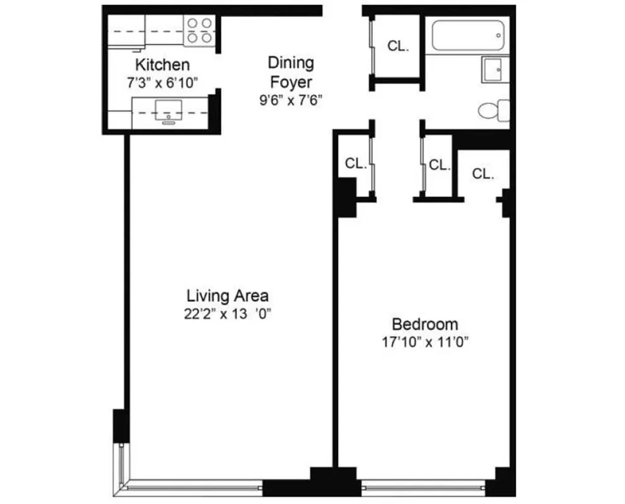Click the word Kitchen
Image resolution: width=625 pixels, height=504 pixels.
tap(163, 64)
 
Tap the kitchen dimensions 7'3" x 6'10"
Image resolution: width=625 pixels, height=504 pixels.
tap(163, 81)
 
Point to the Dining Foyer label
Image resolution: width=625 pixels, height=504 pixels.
tap(291, 72)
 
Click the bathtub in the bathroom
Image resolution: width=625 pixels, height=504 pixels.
tap(467, 35)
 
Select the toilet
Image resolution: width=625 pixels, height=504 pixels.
tap(494, 111)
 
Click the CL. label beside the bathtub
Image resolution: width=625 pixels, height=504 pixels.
tap(398, 46)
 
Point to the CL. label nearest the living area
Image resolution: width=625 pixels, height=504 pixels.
tap(356, 164)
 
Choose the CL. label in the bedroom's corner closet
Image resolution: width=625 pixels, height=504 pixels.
tap(483, 175)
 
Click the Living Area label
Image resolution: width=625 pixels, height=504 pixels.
tap(228, 295)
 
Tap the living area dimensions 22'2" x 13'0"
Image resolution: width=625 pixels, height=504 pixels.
tap(228, 314)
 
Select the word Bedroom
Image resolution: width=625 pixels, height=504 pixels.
tap(425, 324)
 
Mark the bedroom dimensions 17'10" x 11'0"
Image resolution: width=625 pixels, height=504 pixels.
tap(424, 343)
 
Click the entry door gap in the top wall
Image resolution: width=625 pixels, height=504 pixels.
tap(342, 9)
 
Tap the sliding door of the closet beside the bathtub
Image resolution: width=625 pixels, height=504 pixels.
tap(373, 47)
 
